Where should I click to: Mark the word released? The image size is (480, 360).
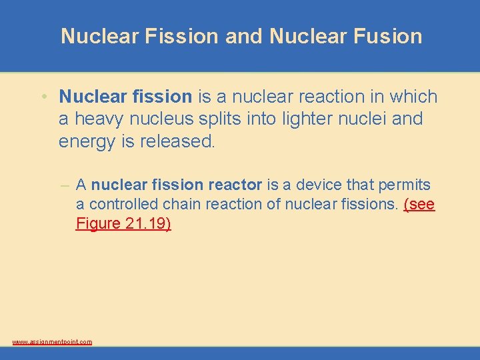(x=179, y=142)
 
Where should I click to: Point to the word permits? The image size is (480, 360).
(x=404, y=185)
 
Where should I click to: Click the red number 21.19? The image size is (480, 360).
(x=148, y=223)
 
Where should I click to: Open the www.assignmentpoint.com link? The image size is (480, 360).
(x=52, y=342)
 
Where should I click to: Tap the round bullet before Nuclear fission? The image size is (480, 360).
(x=43, y=97)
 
